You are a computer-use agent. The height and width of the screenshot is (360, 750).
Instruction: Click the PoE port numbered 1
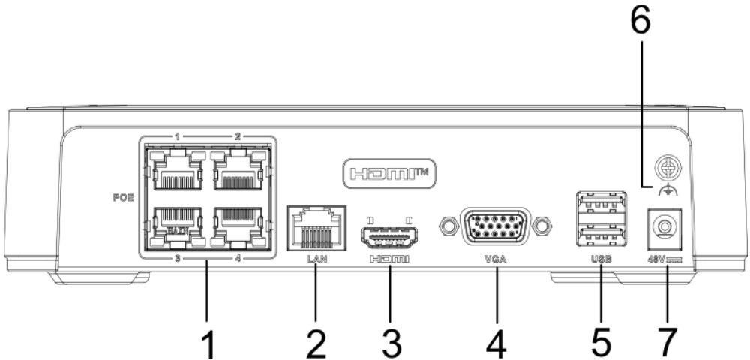click(x=176, y=171)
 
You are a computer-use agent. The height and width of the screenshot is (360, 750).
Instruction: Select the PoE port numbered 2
click(x=238, y=171)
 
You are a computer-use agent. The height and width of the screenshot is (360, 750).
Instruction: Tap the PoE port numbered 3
click(x=176, y=227)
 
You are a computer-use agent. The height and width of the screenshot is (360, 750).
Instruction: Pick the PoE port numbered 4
click(x=238, y=227)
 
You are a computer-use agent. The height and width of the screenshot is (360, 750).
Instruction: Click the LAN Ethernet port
click(x=316, y=228)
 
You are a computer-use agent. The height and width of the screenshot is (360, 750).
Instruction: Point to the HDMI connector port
click(x=390, y=238)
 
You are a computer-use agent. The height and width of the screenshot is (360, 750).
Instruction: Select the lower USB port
click(x=601, y=234)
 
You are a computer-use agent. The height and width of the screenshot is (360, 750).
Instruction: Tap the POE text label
click(x=124, y=197)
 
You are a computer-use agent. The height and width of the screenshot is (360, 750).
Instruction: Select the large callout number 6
click(x=640, y=21)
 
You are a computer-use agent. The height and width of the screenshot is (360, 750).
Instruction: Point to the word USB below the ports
click(x=601, y=259)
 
